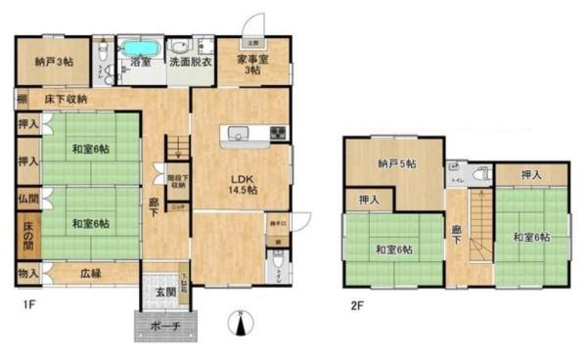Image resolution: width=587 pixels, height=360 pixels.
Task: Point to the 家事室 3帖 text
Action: pyautogui.click(x=252, y=65)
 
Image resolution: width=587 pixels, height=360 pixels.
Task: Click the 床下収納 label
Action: pyautogui.click(x=65, y=99)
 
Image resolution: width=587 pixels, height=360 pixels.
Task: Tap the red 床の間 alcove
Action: pyautogui.click(x=27, y=237)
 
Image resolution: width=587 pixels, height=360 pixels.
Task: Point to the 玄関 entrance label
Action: pyautogui.click(x=164, y=292)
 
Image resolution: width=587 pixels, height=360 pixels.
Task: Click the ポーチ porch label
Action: pyautogui.click(x=164, y=327)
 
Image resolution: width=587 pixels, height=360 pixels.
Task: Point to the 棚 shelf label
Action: pyautogui.click(x=21, y=99)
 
